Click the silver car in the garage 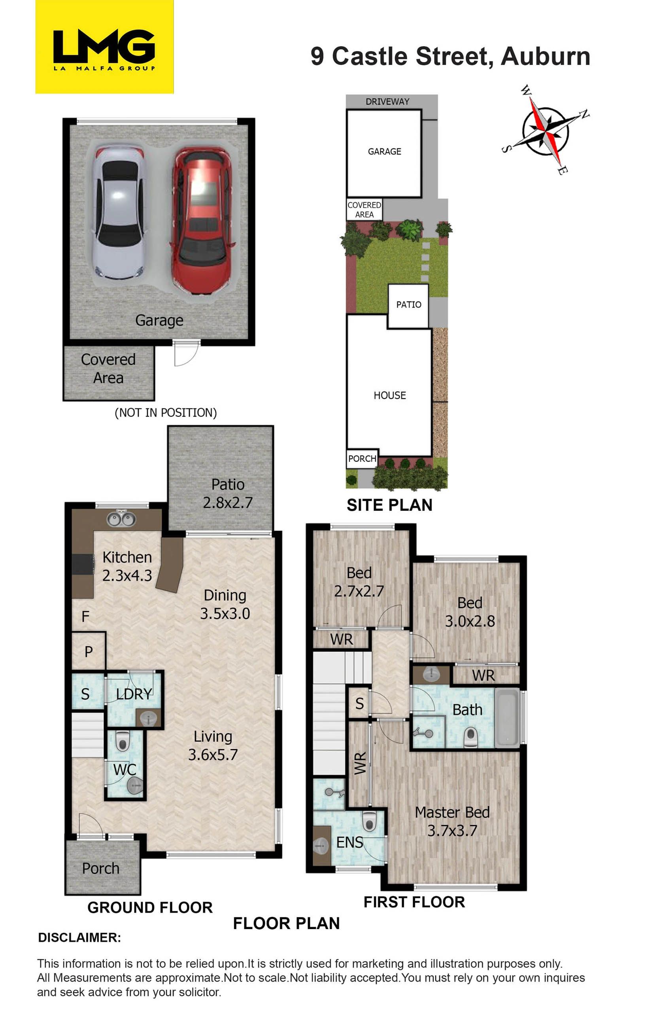tap(120, 212)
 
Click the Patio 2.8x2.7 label tap(227, 493)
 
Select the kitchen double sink tap(121, 519)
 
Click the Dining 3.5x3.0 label tap(225, 604)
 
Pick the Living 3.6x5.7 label tap(213, 746)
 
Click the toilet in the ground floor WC tap(122, 740)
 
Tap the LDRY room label tap(134, 694)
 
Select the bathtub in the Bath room tap(507, 718)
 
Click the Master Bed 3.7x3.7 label tap(452, 821)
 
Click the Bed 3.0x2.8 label tap(470, 612)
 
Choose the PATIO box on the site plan tap(408, 306)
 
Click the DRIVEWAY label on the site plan tap(387, 101)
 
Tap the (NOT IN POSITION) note tap(165, 413)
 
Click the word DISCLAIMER tap(79, 938)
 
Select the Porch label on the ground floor tap(100, 869)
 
